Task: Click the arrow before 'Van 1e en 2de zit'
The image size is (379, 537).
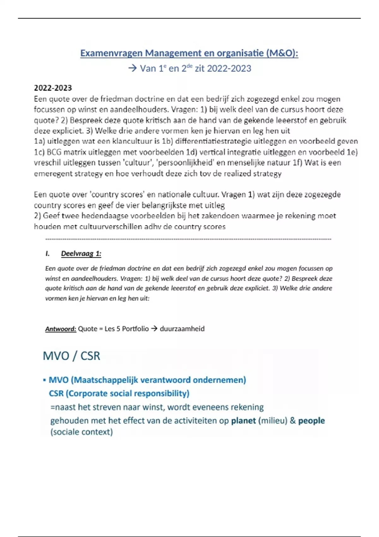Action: coord(132,68)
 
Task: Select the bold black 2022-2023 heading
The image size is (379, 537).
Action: coord(53,88)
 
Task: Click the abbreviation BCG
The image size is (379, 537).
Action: coord(54,152)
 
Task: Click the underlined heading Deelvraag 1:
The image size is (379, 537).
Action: coord(81,254)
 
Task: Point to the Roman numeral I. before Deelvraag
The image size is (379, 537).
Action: coord(48,254)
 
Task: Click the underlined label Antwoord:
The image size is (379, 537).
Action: coord(61,329)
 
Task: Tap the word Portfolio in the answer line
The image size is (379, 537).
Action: coord(135,329)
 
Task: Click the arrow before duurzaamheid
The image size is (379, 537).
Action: coord(154,329)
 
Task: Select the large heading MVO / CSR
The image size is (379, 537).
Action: coord(71,356)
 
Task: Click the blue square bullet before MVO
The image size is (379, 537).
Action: coord(45,380)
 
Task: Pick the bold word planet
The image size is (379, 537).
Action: coord(243,421)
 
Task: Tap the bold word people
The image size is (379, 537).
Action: coord(311,421)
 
